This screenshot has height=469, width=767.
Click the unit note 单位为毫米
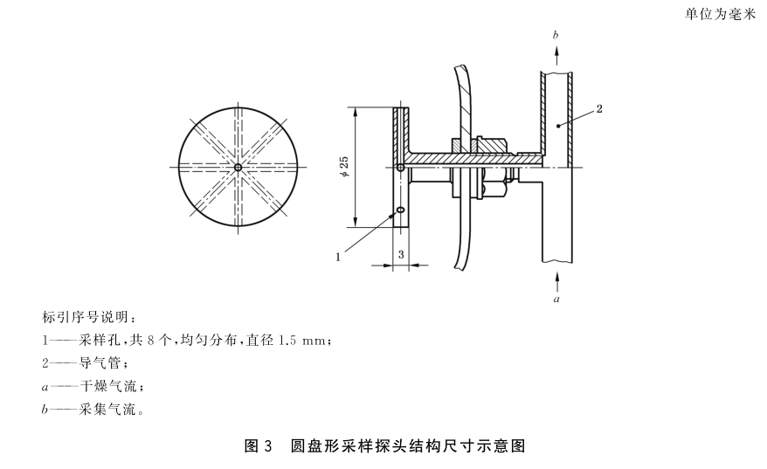point(721,15)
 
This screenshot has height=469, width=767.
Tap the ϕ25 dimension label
point(345,167)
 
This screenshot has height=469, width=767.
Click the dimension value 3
point(401,252)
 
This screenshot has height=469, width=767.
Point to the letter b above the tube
point(556,34)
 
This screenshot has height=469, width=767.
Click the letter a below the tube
point(556,298)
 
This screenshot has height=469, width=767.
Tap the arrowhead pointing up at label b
point(556,52)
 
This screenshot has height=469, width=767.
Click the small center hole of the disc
point(238,167)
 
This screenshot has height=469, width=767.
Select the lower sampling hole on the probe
point(400,210)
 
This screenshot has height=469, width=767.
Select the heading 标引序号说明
point(88,315)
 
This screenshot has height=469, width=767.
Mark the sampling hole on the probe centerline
point(400,168)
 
